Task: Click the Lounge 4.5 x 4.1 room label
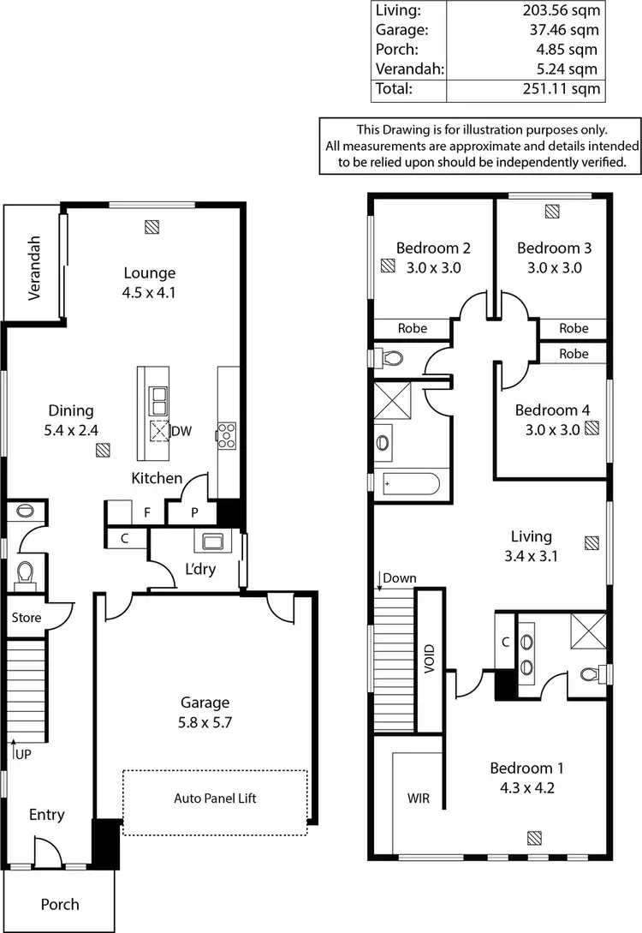pyautogui.click(x=150, y=283)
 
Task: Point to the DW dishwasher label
pyautogui.click(x=181, y=431)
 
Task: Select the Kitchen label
pyautogui.click(x=157, y=478)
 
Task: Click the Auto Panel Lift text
pyautogui.click(x=215, y=798)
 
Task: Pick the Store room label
pyautogui.click(x=25, y=616)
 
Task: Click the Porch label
pyautogui.click(x=60, y=904)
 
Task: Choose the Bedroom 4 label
pyautogui.click(x=552, y=420)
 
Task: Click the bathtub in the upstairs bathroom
pyautogui.click(x=408, y=484)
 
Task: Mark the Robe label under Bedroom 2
pyautogui.click(x=413, y=328)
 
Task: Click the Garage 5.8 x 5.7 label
pyautogui.click(x=202, y=713)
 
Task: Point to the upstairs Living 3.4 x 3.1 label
pyautogui.click(x=531, y=546)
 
